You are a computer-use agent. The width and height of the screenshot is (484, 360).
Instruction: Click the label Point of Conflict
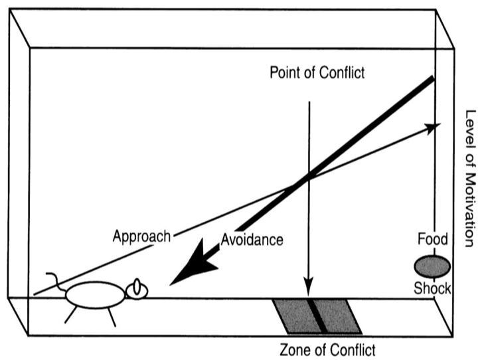[x=317, y=73]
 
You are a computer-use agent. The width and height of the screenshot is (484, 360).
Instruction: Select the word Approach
[x=141, y=236]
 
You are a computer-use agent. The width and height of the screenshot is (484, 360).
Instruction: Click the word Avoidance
[x=252, y=240]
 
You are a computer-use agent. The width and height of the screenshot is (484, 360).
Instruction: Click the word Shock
[x=432, y=289]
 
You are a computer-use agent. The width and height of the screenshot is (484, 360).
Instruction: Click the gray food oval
[x=432, y=266]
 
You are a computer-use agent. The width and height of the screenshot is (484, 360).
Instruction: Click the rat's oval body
[x=94, y=295]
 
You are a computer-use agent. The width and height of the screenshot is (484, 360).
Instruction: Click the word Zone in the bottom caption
[x=293, y=349]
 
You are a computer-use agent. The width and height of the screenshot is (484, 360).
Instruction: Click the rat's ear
[x=137, y=286]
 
